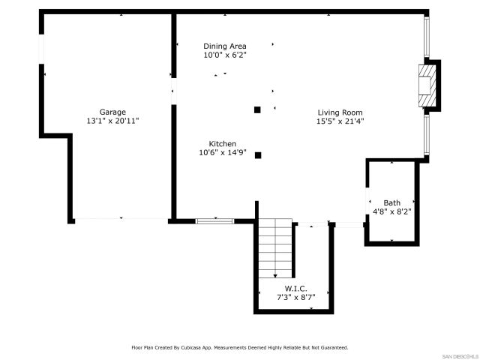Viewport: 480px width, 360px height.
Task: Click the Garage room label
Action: coord(113,112)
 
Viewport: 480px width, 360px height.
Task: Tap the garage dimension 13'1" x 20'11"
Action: coord(113,120)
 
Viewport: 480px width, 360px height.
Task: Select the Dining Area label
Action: coord(224,46)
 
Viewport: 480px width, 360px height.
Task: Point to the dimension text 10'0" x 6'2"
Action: coord(224,55)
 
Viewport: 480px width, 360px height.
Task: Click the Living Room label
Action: coord(340,112)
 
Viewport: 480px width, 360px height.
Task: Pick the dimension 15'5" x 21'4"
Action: coord(340,121)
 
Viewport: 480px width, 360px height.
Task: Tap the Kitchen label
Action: coord(223,144)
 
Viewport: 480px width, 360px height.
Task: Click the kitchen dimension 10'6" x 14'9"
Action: coord(223,152)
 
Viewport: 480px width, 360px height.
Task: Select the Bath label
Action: coord(391,202)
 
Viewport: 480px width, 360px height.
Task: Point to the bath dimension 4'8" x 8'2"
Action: coord(391,211)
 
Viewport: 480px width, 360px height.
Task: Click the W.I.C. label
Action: coord(295,289)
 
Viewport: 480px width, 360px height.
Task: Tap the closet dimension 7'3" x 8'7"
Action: coord(295,297)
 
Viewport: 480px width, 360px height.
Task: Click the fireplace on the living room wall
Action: coord(427,85)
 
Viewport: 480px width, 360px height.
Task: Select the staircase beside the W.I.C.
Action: coord(274,248)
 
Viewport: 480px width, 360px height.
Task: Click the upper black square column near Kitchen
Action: coord(257,109)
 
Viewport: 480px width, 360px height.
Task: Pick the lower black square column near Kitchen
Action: coord(258,155)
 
